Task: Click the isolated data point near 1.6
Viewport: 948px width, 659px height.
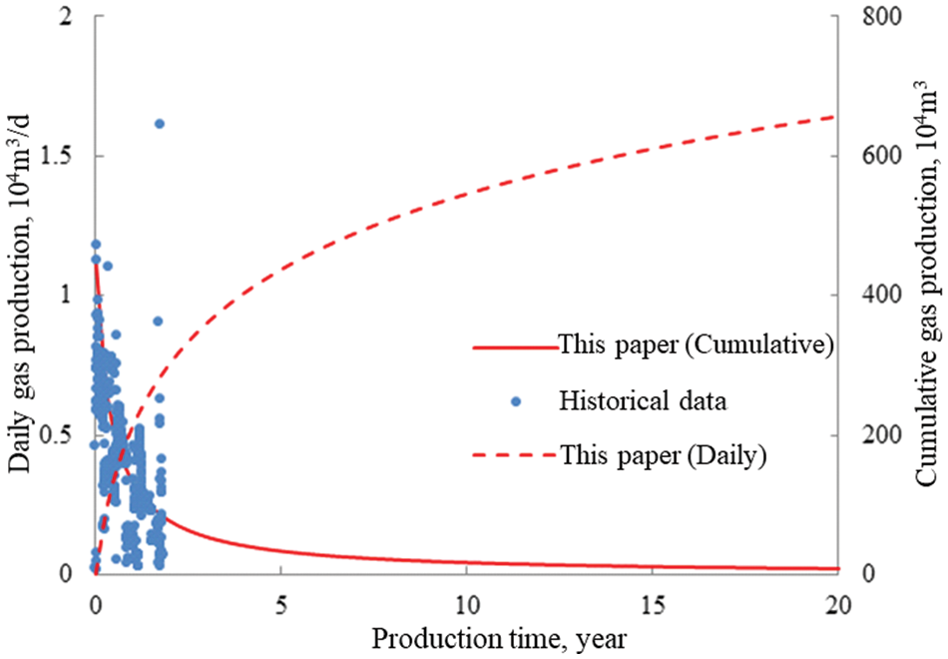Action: coord(159,124)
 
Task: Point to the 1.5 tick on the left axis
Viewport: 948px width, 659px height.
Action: coord(68,156)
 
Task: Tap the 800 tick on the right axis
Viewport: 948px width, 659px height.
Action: coord(870,17)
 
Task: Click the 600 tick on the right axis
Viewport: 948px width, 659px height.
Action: coord(870,156)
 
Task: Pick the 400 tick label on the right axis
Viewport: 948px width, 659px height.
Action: coord(870,296)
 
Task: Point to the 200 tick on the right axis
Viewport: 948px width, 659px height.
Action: coord(870,434)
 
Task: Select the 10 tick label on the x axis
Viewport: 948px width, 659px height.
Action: coord(466,604)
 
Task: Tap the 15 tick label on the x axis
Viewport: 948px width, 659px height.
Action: coord(652,604)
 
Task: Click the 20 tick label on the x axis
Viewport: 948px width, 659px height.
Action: coord(837,604)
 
